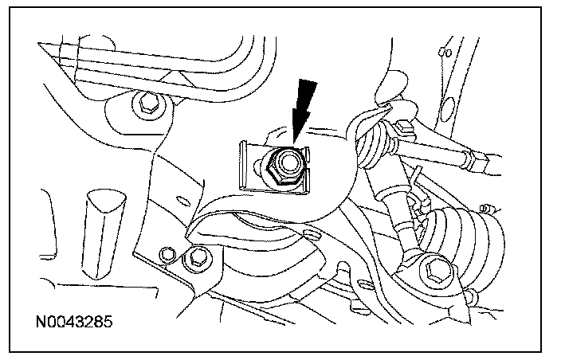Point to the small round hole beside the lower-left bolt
[167, 255]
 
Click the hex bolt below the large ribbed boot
[434, 269]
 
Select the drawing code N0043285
[74, 325]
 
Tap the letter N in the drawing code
[41, 325]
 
